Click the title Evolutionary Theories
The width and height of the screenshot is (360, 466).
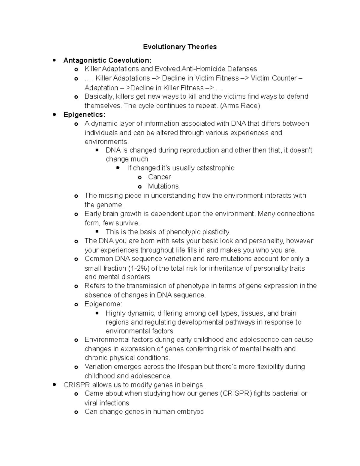180,47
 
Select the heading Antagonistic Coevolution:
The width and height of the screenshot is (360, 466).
107,60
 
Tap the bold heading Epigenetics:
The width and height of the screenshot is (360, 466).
84,115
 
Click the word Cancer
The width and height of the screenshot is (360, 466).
159,177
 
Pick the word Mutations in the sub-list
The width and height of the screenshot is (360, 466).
163,186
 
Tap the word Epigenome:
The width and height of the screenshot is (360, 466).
103,304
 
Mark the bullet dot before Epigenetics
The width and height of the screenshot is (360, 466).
54,115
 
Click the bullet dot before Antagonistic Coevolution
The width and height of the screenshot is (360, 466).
54,60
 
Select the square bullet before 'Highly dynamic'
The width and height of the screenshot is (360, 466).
97,313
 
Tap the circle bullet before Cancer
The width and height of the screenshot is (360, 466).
139,177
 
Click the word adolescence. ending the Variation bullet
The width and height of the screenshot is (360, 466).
153,376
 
